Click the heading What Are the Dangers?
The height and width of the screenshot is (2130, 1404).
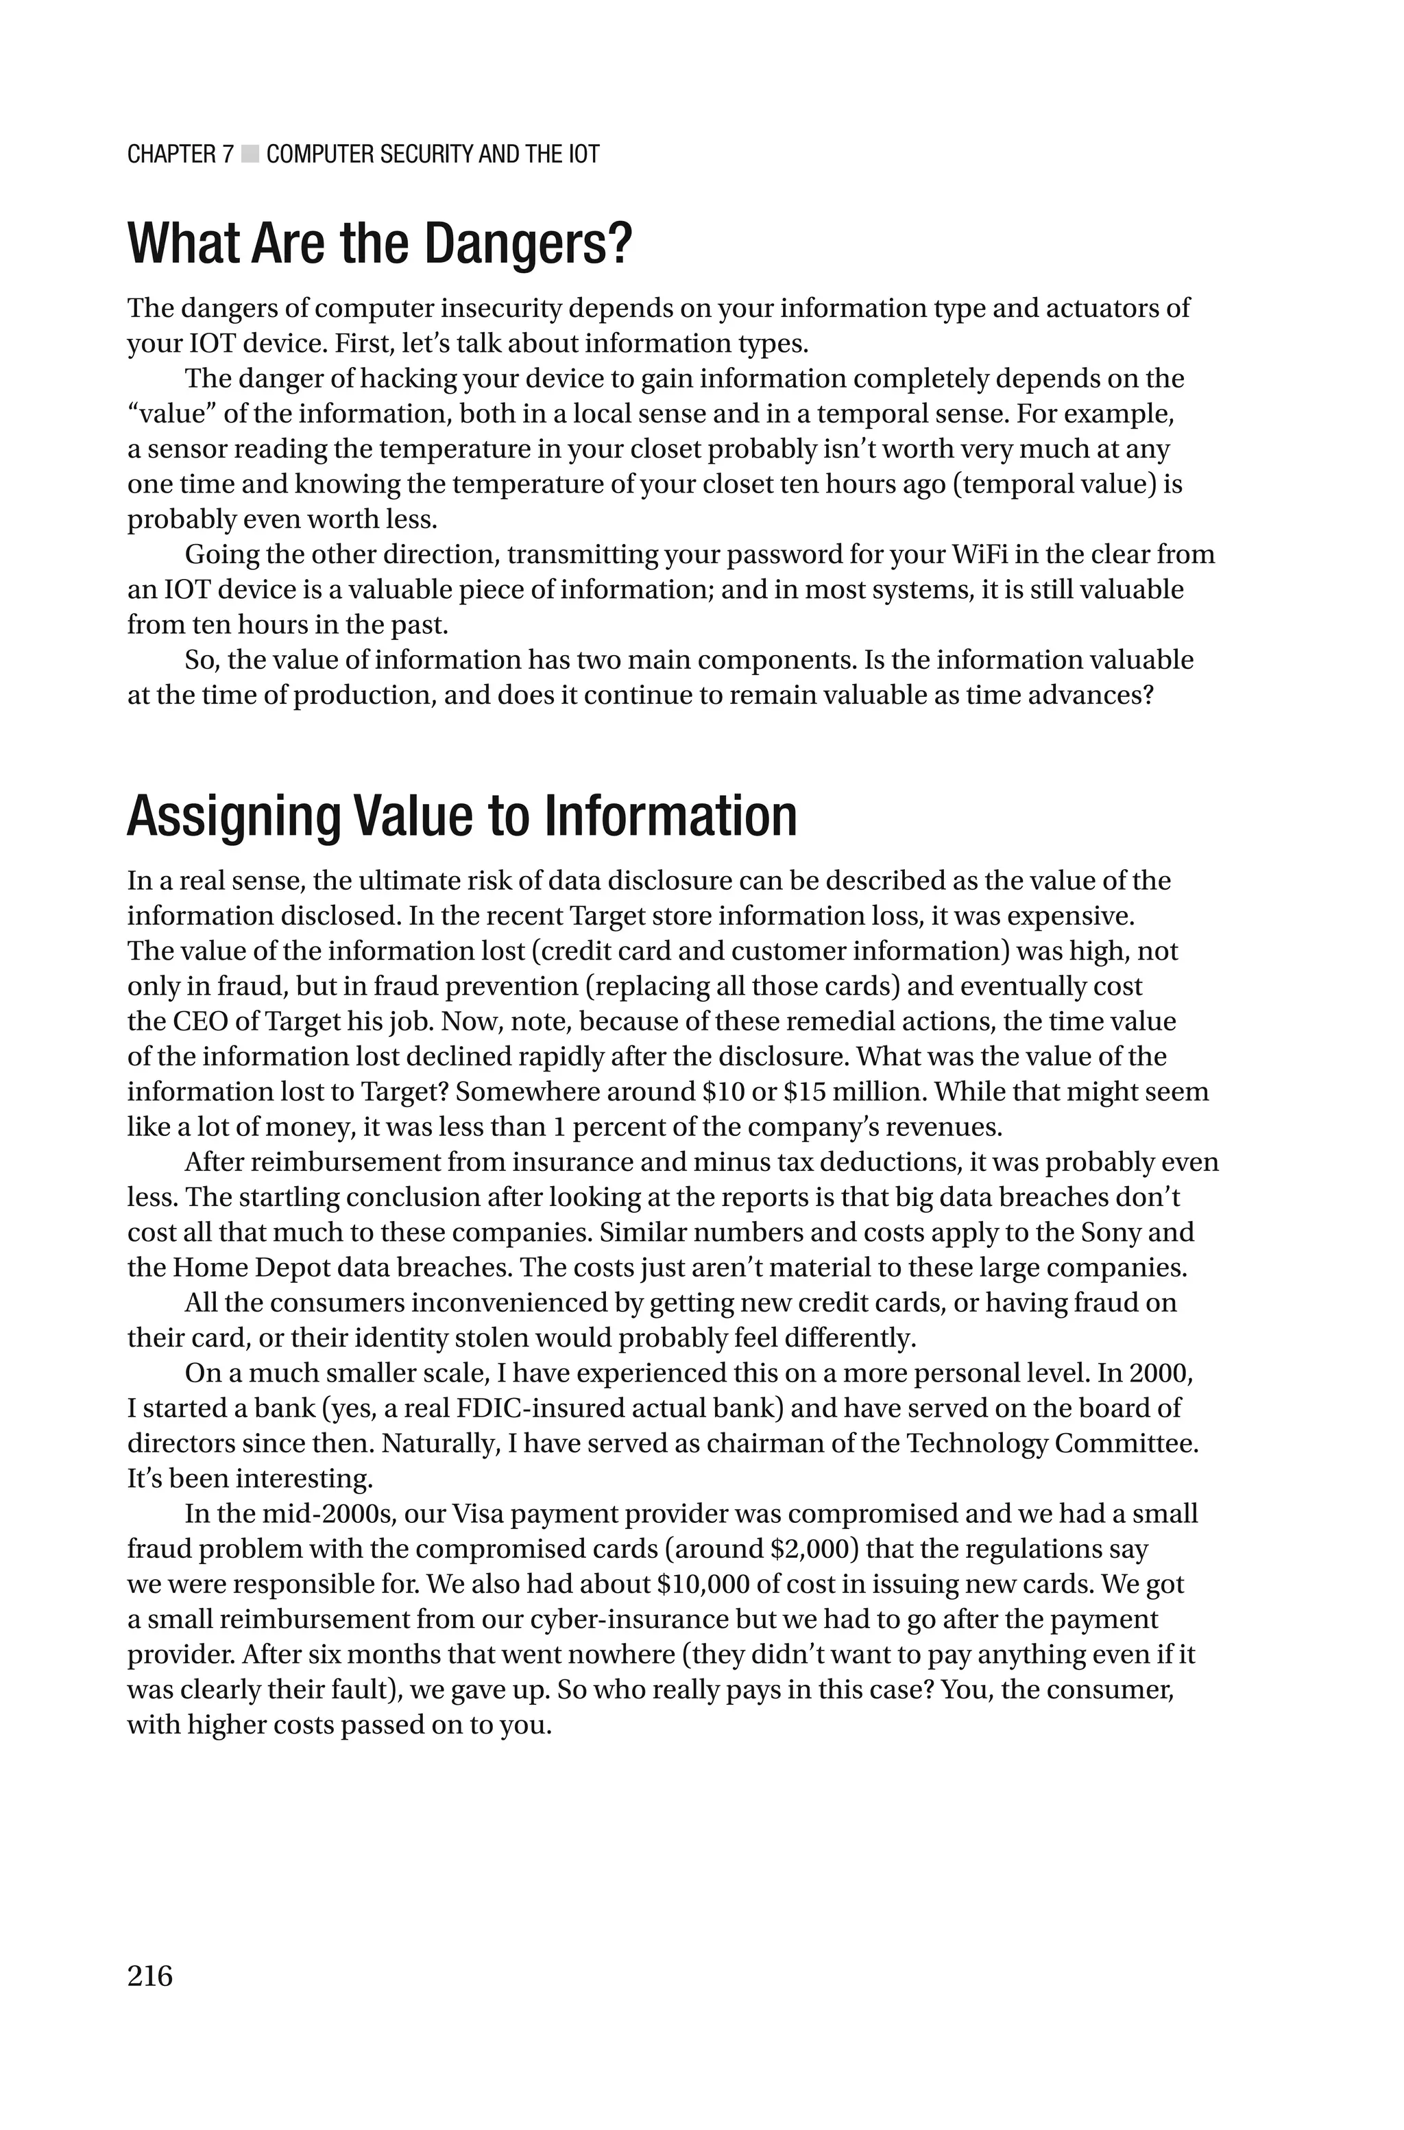pyautogui.click(x=380, y=243)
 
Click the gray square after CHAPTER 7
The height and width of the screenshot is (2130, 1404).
pyautogui.click(x=250, y=154)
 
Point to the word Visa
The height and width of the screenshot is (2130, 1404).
pyautogui.click(x=480, y=1514)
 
